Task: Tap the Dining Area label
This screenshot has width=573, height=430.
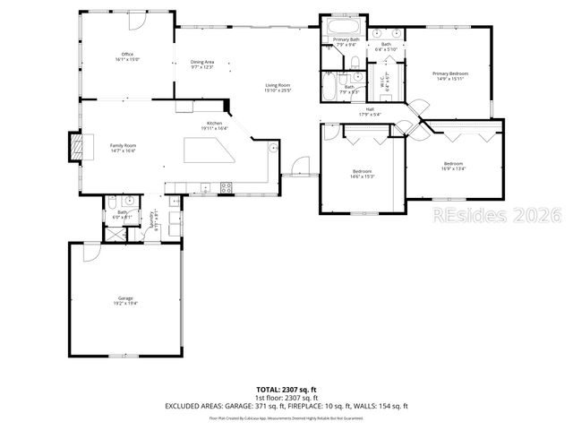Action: pyautogui.click(x=202, y=64)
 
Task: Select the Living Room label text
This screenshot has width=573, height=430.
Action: pyautogui.click(x=278, y=88)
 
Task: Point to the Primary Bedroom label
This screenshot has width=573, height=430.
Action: pyautogui.click(x=451, y=76)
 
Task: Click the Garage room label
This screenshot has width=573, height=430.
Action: pyautogui.click(x=125, y=300)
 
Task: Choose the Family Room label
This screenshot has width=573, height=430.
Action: pyautogui.click(x=123, y=148)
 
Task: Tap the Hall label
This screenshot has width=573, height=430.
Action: pyautogui.click(x=370, y=112)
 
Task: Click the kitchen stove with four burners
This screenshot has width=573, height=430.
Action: pyautogui.click(x=226, y=187)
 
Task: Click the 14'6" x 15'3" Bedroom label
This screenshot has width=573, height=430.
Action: pyautogui.click(x=362, y=173)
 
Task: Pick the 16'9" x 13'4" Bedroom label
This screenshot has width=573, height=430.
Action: pyautogui.click(x=453, y=165)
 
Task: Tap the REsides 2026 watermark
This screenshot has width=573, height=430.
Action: pyautogui.click(x=497, y=216)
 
